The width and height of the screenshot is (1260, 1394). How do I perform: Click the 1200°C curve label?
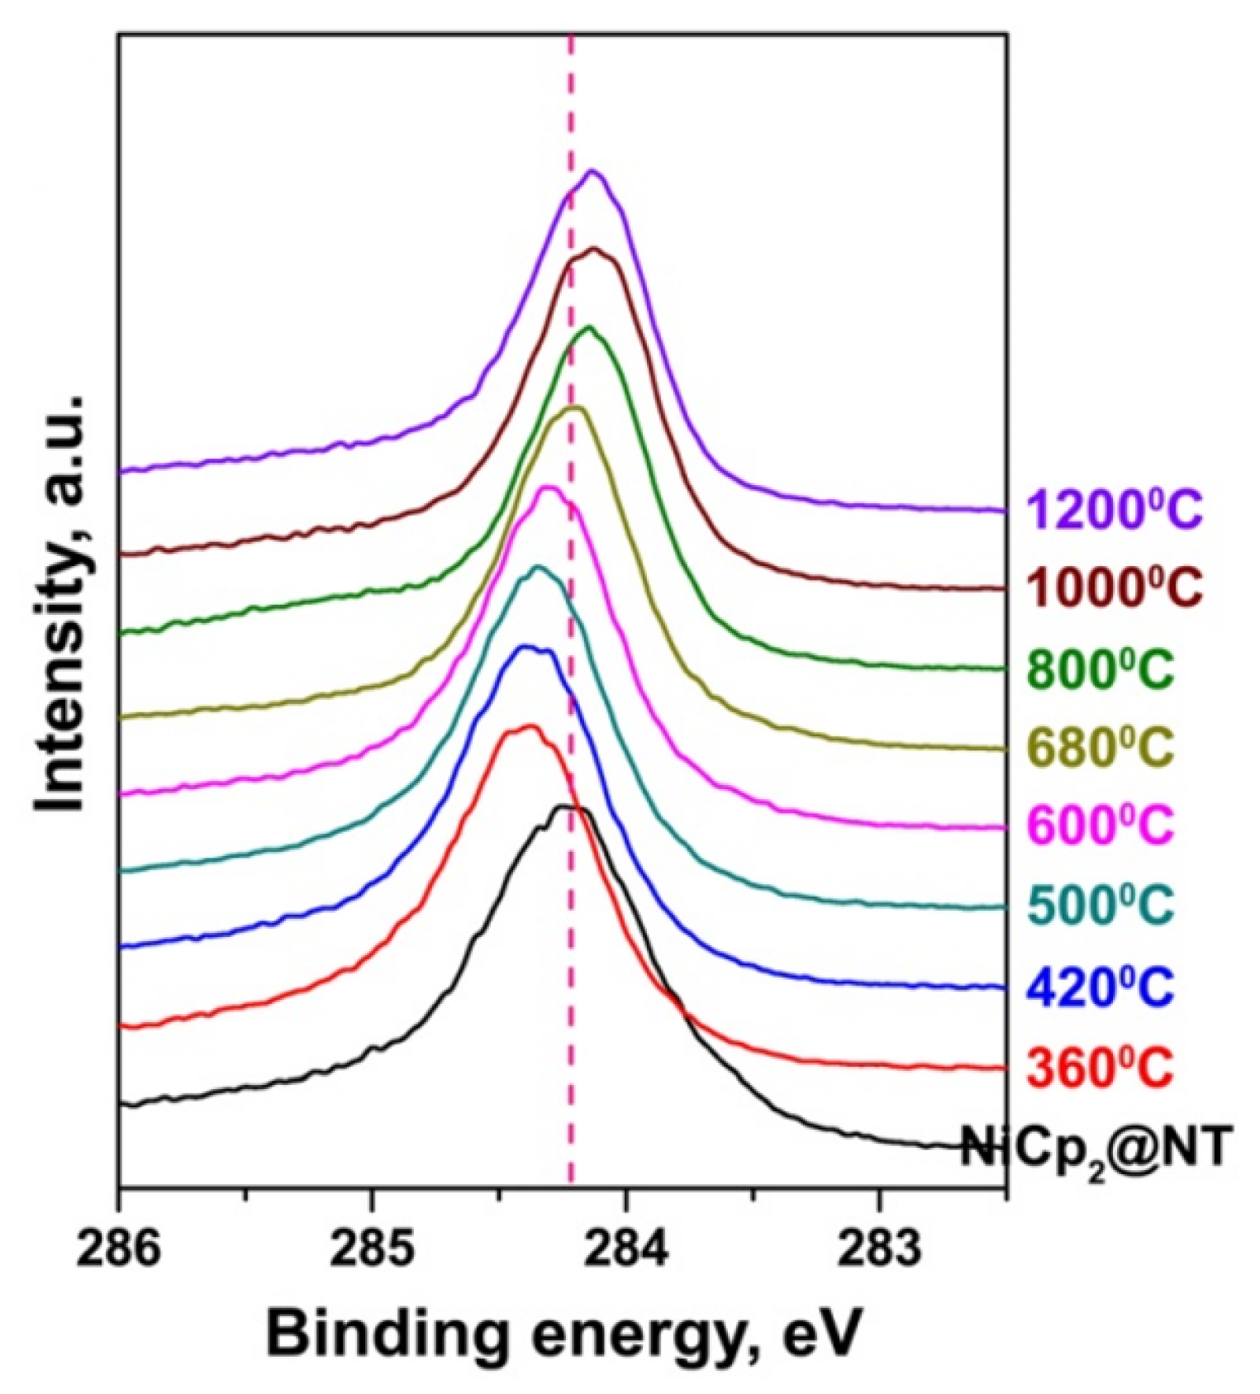tap(1114, 510)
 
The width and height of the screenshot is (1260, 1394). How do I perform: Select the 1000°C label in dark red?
tap(1114, 588)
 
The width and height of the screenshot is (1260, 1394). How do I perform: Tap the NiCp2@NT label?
tap(1096, 1149)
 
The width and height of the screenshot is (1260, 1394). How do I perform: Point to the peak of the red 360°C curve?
tap(530, 726)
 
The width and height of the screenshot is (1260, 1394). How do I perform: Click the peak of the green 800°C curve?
tap(589, 327)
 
